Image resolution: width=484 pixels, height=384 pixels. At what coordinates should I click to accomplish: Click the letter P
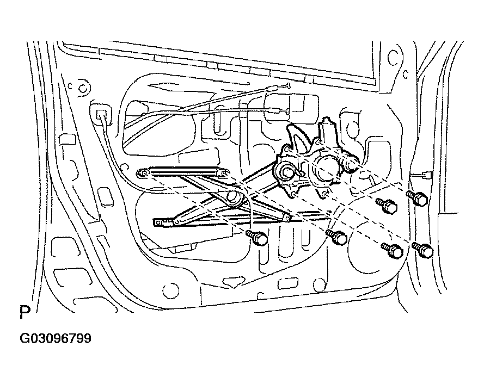[x=25, y=312]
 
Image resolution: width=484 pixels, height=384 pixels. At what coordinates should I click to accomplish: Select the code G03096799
[x=56, y=339]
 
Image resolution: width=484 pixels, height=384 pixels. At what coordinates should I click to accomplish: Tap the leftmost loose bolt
[x=257, y=238]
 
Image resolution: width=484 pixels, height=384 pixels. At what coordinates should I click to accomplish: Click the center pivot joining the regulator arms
[x=233, y=197]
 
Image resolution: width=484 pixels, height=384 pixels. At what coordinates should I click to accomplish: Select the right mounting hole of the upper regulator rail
[x=225, y=174]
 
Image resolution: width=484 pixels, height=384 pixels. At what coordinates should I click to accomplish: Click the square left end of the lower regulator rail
[x=158, y=222]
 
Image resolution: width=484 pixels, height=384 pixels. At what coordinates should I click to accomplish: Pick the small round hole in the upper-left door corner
[x=83, y=89]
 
